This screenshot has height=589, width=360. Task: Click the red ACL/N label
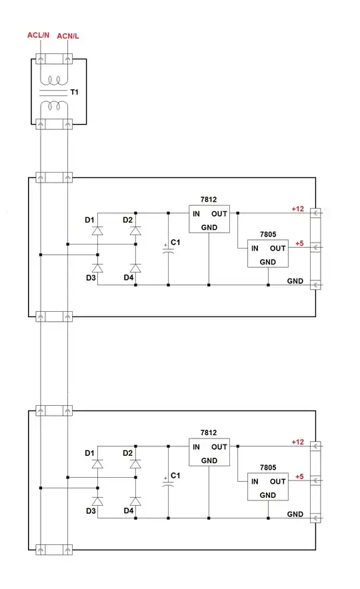[x=38, y=35]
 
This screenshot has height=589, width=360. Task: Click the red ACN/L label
[x=67, y=36]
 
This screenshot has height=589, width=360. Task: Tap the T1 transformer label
[x=75, y=92]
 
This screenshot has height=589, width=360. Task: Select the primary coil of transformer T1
[x=54, y=80]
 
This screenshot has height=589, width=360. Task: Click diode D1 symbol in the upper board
[x=98, y=231]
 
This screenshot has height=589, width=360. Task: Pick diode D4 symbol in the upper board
[x=135, y=268]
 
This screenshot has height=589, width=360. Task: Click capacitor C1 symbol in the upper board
[x=168, y=250]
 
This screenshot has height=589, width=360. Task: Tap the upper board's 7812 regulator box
[x=209, y=219]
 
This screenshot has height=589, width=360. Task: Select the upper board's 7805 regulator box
[x=268, y=254]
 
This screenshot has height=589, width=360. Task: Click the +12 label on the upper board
[x=297, y=209]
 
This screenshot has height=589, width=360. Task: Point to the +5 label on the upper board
[x=299, y=243]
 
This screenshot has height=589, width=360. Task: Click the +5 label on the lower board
[x=299, y=476]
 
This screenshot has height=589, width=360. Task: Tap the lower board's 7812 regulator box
[x=209, y=452]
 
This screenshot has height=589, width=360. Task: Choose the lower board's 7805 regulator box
[x=268, y=487]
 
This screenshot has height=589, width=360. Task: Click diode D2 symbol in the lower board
[x=135, y=464]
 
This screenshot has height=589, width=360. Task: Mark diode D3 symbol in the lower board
[x=98, y=501]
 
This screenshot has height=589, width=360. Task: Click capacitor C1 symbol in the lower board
[x=168, y=484]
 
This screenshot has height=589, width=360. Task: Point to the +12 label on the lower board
[x=297, y=442]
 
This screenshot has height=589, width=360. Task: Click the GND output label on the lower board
[x=295, y=514]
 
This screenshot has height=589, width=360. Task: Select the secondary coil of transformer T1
[x=54, y=105]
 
